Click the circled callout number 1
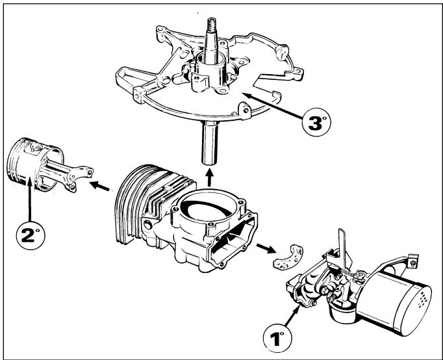277,338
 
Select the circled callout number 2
31,235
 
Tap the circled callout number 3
316,122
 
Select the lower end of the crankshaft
210,143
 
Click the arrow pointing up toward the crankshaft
209,177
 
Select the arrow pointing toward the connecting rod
99,186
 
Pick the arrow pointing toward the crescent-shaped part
266,248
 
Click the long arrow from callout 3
272,105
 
